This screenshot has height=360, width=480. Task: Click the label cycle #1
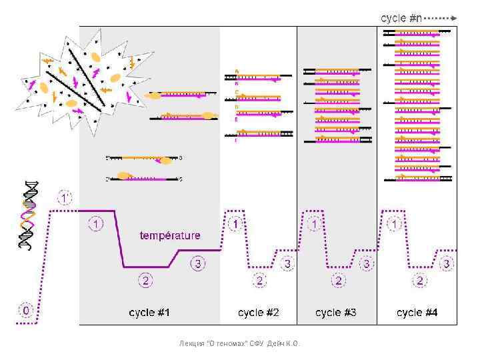pyautogui.click(x=149, y=312)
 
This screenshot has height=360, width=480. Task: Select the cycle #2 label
pyautogui.click(x=259, y=312)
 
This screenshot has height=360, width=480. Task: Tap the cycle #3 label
pyautogui.click(x=337, y=312)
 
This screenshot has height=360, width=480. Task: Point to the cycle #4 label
pyautogui.click(x=417, y=312)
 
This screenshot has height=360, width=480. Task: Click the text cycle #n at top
pyautogui.click(x=401, y=18)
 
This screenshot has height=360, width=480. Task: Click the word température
pyautogui.click(x=169, y=235)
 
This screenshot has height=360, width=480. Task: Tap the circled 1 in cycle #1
pyautogui.click(x=97, y=224)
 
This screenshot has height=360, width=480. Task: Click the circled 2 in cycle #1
pyautogui.click(x=145, y=278)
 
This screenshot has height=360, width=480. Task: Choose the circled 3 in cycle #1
pyautogui.click(x=198, y=265)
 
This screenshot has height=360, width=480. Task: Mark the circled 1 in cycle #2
pyautogui.click(x=235, y=225)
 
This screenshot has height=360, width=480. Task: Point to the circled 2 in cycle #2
pyautogui.click(x=260, y=281)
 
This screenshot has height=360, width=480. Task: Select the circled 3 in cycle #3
pyautogui.click(x=366, y=265)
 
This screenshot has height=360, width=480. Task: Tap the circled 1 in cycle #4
pyautogui.click(x=396, y=225)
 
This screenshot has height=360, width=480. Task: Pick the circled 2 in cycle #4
pyautogui.click(x=420, y=281)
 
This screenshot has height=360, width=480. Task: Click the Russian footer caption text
pyautogui.click(x=241, y=343)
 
